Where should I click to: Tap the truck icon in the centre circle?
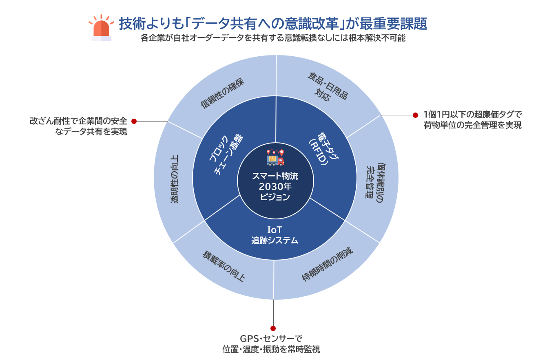[275, 158]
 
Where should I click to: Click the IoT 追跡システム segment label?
[275, 235]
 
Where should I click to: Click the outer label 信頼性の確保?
[223, 93]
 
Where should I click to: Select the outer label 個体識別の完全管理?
[373, 180]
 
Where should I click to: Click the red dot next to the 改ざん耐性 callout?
[134, 121]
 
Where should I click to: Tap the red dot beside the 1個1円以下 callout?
[415, 115]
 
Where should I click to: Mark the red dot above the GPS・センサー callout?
[273, 328]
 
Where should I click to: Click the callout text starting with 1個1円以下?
[472, 120]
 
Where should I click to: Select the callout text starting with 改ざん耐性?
[78, 126]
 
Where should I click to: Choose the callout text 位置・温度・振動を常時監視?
[271, 349]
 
